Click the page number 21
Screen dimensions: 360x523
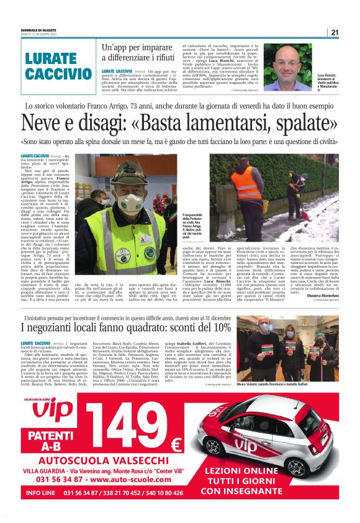(x=335, y=32)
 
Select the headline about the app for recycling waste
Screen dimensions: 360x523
(x=138, y=53)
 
